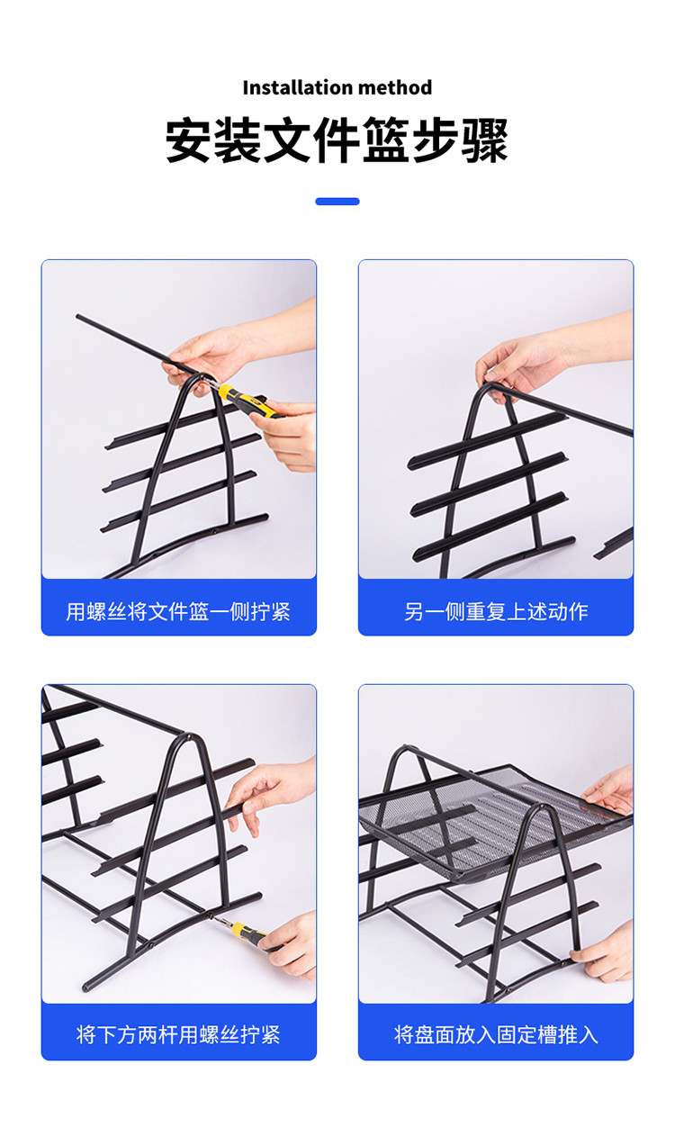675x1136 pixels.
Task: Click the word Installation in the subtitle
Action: click(298, 87)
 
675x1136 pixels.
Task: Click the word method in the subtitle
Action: click(395, 87)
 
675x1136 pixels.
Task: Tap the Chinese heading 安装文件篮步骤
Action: click(337, 140)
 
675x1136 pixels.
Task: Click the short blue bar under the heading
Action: click(337, 202)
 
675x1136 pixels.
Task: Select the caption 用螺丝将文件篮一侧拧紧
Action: click(178, 611)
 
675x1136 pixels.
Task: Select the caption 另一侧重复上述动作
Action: click(496, 611)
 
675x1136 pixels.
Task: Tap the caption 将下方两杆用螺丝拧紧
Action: click(178, 1034)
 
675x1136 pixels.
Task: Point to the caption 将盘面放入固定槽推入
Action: click(496, 1034)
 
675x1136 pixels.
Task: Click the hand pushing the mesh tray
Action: click(608, 791)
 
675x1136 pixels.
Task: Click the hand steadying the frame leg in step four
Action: click(604, 952)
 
